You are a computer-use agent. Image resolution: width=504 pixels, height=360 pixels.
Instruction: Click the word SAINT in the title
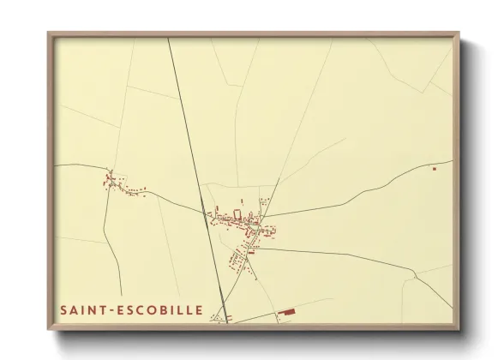click(x=81, y=309)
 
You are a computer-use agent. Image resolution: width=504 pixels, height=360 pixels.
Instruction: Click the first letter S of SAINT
click(x=63, y=309)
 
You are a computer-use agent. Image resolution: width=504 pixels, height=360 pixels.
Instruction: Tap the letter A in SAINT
click(x=74, y=309)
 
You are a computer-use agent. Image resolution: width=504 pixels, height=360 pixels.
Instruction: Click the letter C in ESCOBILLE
click(x=135, y=309)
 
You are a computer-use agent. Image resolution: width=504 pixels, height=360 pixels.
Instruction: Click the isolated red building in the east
click(x=435, y=169)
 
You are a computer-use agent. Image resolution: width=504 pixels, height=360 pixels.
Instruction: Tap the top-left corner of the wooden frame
click(x=49, y=34)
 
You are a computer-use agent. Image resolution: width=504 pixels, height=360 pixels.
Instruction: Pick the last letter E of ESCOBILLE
click(x=200, y=309)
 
